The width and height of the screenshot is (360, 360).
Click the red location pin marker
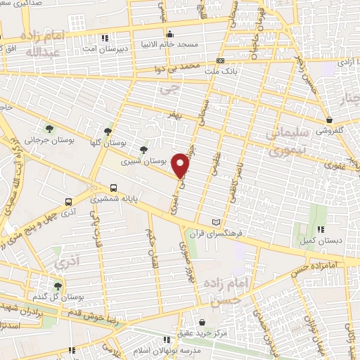[x=181, y=165]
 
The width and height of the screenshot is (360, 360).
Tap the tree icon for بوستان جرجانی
[x=50, y=127]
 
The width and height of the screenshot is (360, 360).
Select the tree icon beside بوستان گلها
[x=108, y=131]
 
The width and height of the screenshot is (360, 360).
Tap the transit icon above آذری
[x=67, y=199]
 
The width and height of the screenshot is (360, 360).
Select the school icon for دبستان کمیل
[x=321, y=229]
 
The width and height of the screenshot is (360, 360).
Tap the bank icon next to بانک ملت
[x=220, y=60]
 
